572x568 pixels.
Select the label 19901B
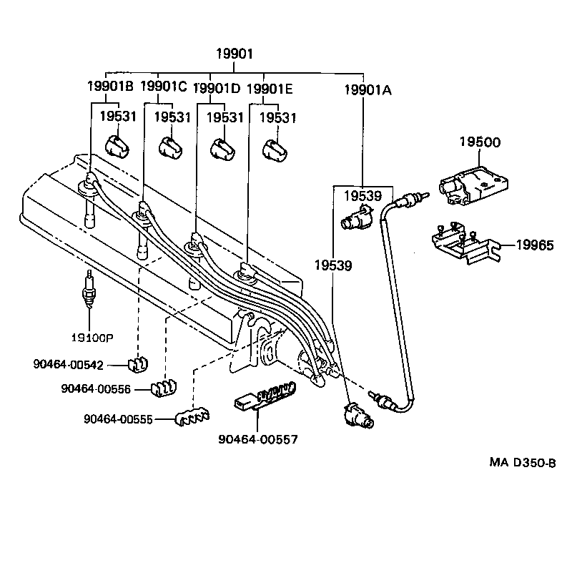pos(110,87)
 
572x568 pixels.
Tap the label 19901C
pos(163,87)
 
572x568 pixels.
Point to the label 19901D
pos(217,88)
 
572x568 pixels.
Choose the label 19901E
pos(269,88)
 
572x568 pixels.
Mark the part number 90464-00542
pos(68,365)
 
